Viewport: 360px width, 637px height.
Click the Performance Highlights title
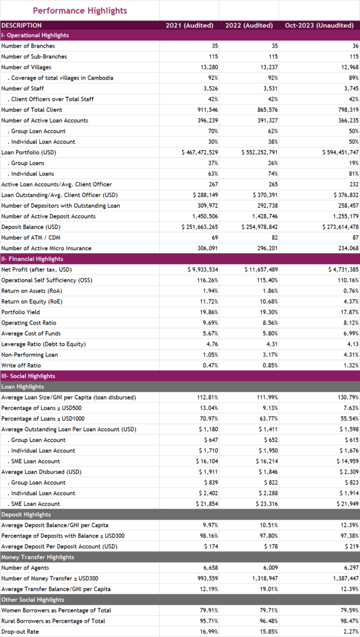[x=80, y=11]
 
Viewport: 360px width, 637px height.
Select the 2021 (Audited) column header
[x=190, y=25]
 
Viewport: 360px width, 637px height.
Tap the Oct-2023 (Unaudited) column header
[x=320, y=25]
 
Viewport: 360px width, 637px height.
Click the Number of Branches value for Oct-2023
[x=356, y=46]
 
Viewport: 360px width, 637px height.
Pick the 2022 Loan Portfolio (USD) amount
[x=259, y=152]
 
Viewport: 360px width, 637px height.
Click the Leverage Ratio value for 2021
[x=213, y=344]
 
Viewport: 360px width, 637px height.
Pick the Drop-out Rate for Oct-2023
[x=351, y=632]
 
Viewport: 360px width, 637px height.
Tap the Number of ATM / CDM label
[x=27, y=238]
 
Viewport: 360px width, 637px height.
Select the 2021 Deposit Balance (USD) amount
[x=200, y=226]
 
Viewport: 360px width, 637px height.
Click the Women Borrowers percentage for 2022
[x=269, y=610]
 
